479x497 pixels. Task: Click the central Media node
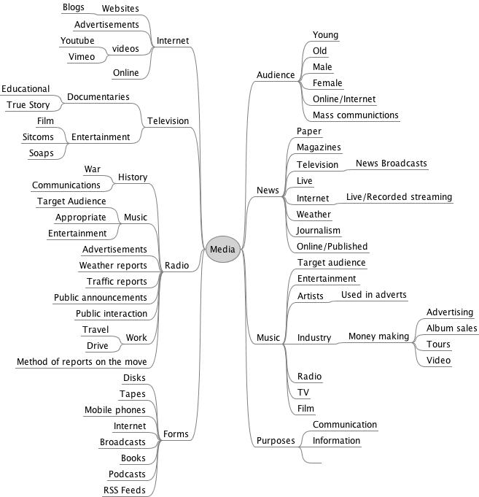pos(222,250)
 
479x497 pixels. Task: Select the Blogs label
pos(73,7)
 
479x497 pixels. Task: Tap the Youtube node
pos(77,40)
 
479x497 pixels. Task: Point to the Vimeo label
pos(82,56)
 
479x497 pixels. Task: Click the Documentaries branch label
pos(98,96)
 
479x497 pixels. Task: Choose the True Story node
pos(28,105)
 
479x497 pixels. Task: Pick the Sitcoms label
pos(38,136)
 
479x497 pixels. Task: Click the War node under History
pos(92,169)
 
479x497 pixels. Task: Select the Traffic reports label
pos(117,281)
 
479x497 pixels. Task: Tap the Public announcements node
pos(100,297)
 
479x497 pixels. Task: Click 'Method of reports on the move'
pos(82,361)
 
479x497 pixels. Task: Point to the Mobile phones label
pos(114,410)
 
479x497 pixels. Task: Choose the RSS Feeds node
pos(124,490)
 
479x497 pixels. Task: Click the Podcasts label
pos(127,474)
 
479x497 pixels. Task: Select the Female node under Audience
pos(327,83)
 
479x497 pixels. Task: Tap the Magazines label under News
pos(319,147)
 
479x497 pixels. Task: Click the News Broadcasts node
pos(391,163)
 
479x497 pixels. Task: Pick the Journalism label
pos(319,231)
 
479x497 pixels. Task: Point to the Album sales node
pos(451,328)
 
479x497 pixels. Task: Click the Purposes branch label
pos(276,441)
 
